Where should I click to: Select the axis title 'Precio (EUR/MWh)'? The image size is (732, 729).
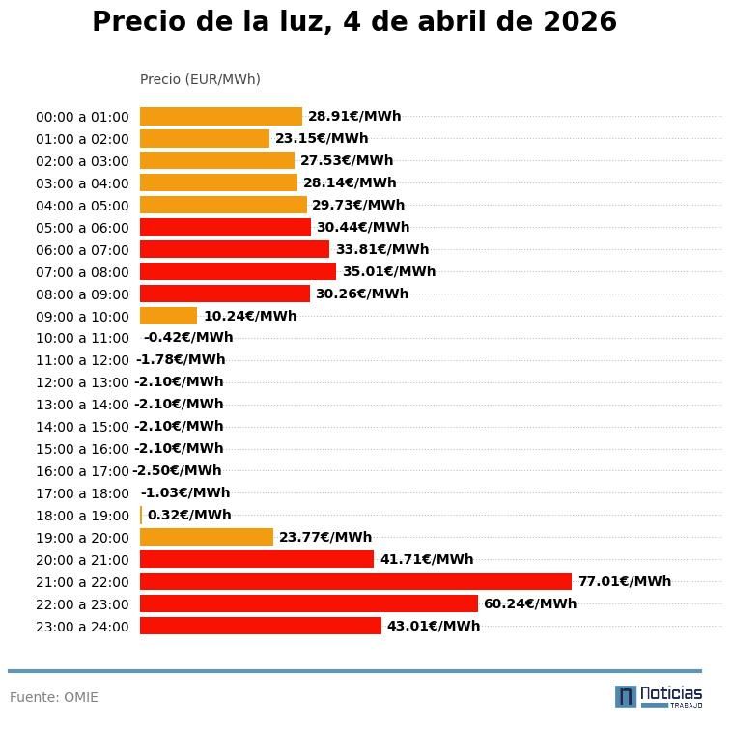click(x=200, y=79)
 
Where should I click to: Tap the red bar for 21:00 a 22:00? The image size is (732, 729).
click(x=355, y=581)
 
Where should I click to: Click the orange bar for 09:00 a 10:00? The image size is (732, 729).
click(x=168, y=316)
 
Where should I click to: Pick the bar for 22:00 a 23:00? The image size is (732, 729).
click(x=308, y=603)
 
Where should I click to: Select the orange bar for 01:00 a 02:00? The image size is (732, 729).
click(x=204, y=138)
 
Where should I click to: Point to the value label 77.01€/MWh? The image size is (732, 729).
click(x=624, y=581)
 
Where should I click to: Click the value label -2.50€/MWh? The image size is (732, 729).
click(x=177, y=471)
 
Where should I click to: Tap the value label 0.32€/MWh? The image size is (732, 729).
click(x=189, y=516)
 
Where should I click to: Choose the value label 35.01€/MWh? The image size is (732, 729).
click(x=388, y=271)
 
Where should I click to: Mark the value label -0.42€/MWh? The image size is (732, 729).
click(x=188, y=338)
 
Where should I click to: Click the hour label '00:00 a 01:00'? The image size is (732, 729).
click(x=82, y=117)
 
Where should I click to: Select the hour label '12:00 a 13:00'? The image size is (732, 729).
click(x=82, y=382)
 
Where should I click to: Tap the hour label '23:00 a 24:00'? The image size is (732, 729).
click(x=82, y=627)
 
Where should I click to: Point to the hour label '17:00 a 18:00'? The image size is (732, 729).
click(x=82, y=493)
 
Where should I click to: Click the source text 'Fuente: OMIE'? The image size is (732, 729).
click(x=54, y=697)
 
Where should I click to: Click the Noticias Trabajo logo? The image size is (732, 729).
click(x=658, y=696)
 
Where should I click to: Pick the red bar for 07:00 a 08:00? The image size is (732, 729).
click(x=238, y=271)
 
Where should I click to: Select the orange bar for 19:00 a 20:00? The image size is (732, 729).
click(x=207, y=537)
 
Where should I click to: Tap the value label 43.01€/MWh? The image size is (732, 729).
click(x=434, y=626)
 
